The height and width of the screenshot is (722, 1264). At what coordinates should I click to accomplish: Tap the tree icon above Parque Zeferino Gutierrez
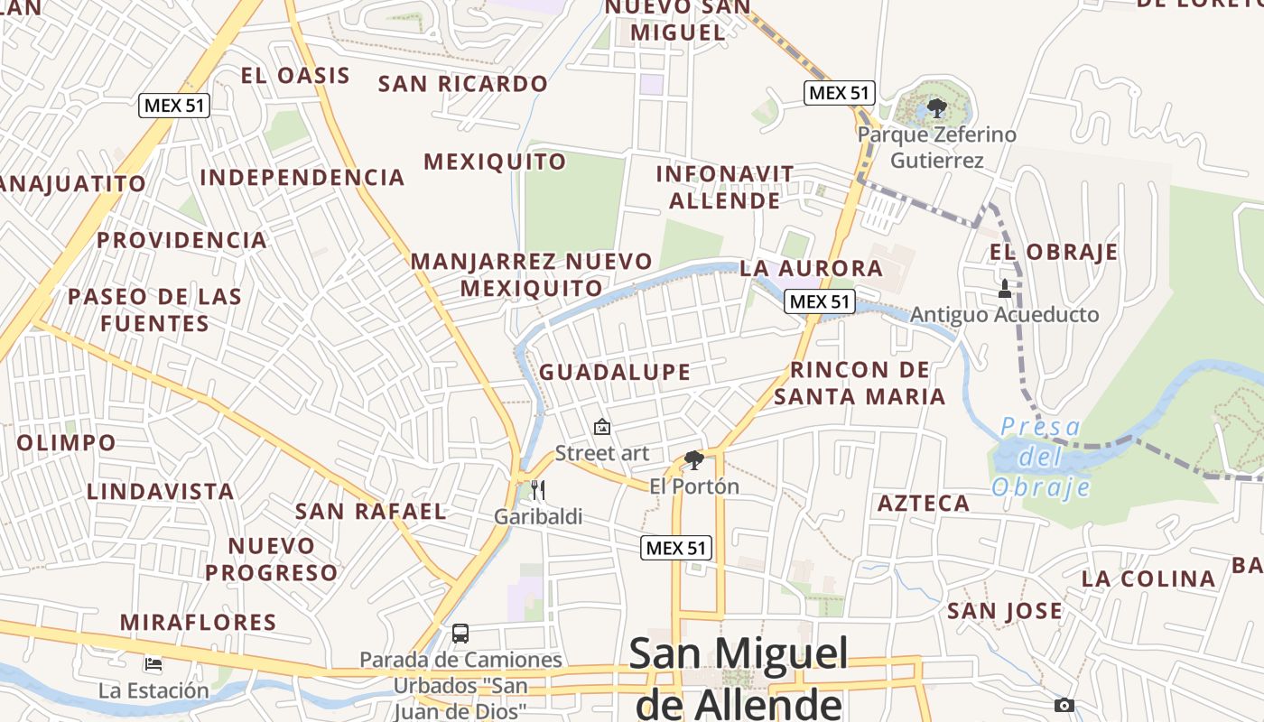[x=936, y=109]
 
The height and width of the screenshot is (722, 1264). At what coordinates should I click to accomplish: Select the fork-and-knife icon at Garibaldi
[x=538, y=490]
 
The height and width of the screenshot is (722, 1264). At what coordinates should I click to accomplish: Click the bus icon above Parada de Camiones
[x=460, y=634]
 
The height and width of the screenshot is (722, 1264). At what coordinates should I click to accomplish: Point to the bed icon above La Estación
[x=153, y=664]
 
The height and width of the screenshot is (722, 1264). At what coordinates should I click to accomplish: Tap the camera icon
[x=1064, y=705]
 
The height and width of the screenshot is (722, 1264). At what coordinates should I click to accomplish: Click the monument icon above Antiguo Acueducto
[x=1004, y=289]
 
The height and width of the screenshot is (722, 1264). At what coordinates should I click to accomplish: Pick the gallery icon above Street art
[x=602, y=427]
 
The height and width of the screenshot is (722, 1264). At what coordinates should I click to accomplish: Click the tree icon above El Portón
[x=693, y=460]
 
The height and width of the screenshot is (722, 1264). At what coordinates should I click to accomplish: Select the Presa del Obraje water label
[x=1041, y=458]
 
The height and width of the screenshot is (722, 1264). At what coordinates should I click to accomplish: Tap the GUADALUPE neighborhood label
[x=615, y=372]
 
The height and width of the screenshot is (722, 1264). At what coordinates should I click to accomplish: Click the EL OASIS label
[x=295, y=76]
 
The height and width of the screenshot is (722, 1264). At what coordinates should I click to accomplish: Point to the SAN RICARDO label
[x=462, y=84]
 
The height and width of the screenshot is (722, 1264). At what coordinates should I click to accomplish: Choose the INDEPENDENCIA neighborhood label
[x=302, y=178]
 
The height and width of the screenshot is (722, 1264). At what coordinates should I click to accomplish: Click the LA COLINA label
[x=1148, y=579]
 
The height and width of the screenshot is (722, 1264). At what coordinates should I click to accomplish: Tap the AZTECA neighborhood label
[x=924, y=504]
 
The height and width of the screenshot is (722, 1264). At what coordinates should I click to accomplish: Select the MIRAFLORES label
[x=199, y=623]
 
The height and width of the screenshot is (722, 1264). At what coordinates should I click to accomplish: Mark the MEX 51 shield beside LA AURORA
[x=819, y=301]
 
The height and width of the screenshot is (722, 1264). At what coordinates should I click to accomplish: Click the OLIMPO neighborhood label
[x=67, y=443]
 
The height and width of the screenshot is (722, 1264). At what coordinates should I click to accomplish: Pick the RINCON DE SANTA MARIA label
[x=860, y=383]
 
